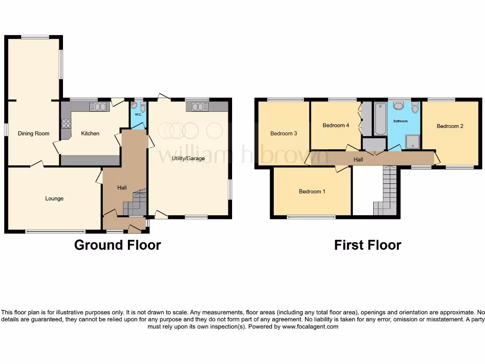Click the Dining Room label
[x=34, y=134]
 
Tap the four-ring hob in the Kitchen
[x=66, y=124]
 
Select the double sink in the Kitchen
[x=98, y=107]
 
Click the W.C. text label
[x=138, y=115]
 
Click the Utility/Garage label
[x=189, y=158]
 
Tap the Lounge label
[x=54, y=199]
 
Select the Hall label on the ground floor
[x=122, y=188]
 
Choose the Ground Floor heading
[x=117, y=245]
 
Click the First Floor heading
[x=368, y=245]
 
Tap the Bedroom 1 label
[x=312, y=191]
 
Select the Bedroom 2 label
[x=449, y=126]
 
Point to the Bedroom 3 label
[x=284, y=134]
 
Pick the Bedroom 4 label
[x=336, y=126]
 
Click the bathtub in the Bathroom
[x=380, y=118]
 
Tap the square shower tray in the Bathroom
[x=412, y=141]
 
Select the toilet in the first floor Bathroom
[x=415, y=108]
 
